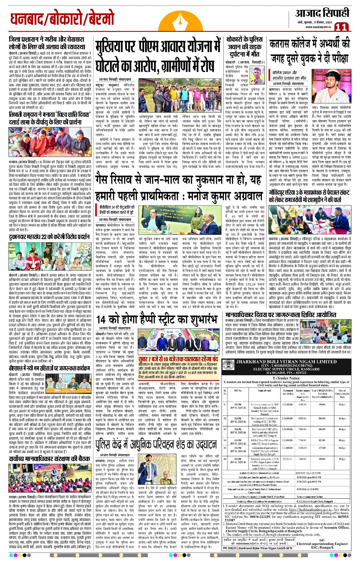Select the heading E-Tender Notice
pos(286,378)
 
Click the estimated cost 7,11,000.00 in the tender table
pos(288,448)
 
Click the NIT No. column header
pos(238,390)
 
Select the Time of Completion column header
pos(342,393)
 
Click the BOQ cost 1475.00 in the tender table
pos(322,448)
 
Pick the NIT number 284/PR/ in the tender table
pos(238,429)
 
